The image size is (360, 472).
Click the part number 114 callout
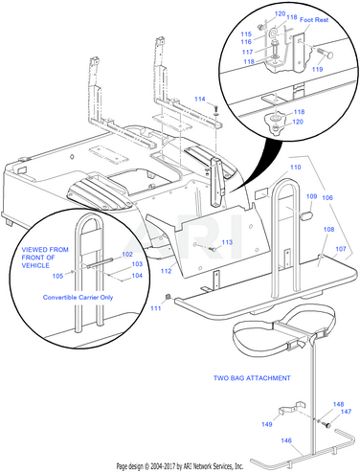[200, 100]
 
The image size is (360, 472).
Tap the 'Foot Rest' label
[314, 20]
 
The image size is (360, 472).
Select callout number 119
[317, 69]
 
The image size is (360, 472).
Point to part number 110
[296, 168]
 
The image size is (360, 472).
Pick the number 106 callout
[327, 198]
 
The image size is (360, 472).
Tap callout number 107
[341, 249]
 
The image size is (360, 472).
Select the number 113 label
[227, 242]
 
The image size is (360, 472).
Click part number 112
[167, 271]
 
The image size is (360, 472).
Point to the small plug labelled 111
[168, 298]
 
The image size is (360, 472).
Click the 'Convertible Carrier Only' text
[78, 298]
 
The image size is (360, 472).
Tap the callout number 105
[57, 276]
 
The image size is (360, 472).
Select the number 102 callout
[127, 255]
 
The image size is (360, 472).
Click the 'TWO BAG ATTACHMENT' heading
[252, 378]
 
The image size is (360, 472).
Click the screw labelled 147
[326, 425]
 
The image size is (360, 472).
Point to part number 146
[286, 440]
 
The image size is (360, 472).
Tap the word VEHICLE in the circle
[35, 265]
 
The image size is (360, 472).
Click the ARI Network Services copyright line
[180, 466]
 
